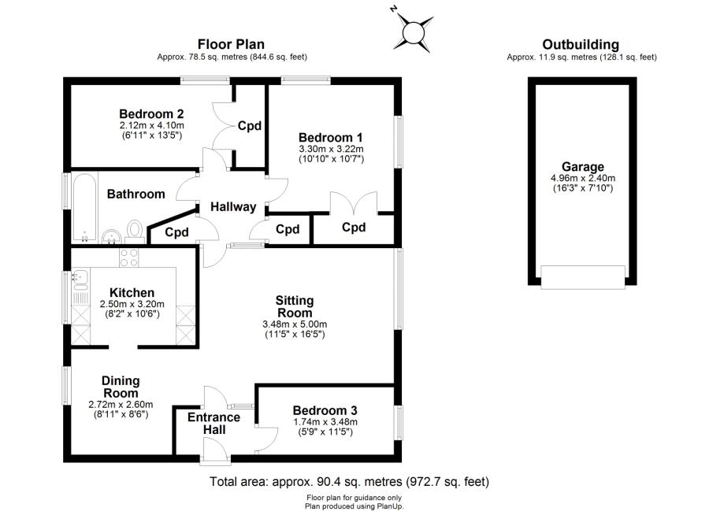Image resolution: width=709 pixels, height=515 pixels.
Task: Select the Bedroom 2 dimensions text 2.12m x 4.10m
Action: tap(152, 124)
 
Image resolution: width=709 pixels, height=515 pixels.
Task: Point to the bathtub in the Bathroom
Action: tap(83, 208)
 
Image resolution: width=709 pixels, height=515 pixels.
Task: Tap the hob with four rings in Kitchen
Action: tap(128, 257)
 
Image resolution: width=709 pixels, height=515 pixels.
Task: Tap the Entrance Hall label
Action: tap(214, 424)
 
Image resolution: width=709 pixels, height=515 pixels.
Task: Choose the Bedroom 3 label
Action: tap(325, 410)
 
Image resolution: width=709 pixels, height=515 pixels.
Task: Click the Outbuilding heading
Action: tap(581, 45)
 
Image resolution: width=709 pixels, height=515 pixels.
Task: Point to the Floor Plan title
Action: tap(231, 45)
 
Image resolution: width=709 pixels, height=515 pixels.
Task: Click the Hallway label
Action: tap(233, 207)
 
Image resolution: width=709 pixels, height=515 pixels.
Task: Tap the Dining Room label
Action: tap(121, 387)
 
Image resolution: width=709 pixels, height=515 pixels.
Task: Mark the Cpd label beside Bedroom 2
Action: tap(250, 126)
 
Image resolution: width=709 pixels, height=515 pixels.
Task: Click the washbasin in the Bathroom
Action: tap(112, 234)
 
